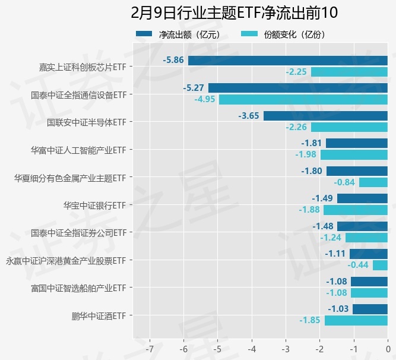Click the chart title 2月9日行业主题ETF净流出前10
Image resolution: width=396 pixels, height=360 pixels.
pos(235,12)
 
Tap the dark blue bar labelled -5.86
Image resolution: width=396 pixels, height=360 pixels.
pos(288,60)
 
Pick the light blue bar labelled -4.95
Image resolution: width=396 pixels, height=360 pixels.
pos(303,99)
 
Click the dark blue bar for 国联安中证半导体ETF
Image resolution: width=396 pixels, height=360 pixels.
pos(325,116)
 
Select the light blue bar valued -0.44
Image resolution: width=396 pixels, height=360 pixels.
pos(380,265)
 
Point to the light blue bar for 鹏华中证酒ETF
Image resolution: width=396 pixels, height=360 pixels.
pos(356,320)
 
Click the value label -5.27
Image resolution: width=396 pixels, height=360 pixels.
pos(194,88)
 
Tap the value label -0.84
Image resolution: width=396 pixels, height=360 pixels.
pos(344,182)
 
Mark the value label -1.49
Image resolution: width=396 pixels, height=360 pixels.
pos(324,198)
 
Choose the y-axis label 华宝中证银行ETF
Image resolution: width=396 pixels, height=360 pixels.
pos(95,205)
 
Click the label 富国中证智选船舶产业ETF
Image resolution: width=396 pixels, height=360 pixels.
pos(78,288)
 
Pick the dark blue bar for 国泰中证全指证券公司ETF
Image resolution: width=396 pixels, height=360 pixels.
pos(362,226)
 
